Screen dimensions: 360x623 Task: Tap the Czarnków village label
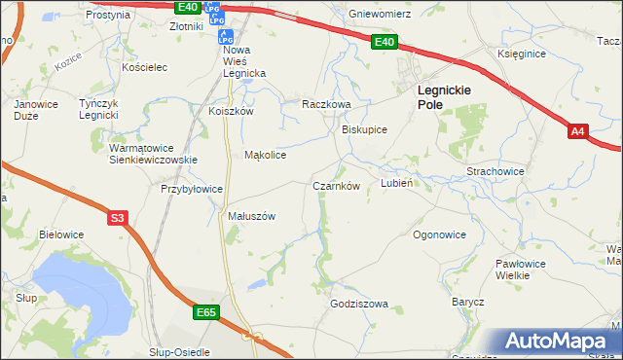(x=337, y=186)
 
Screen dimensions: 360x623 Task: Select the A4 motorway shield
(x=578, y=131)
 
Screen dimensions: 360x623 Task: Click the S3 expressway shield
(x=117, y=219)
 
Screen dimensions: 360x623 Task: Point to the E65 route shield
(x=205, y=312)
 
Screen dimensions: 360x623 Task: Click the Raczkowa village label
(x=325, y=104)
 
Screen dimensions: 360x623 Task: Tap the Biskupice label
(x=365, y=128)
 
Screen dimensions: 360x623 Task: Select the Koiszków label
(x=231, y=111)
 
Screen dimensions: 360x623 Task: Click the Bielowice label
(x=61, y=234)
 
